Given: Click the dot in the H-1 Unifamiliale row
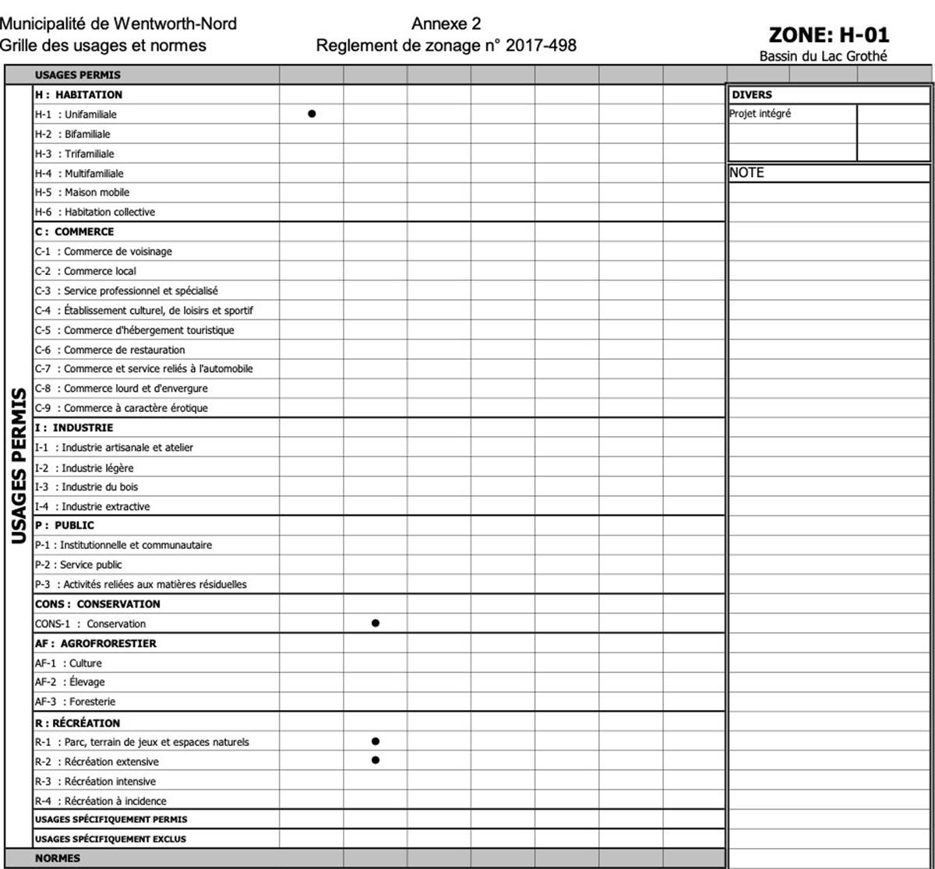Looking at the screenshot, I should coord(312,114).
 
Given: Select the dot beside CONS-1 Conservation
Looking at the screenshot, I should coord(376,623).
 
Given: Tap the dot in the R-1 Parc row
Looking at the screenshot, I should coord(376,741).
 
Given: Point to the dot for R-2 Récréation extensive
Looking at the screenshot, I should coord(376,760).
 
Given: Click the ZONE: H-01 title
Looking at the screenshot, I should coord(828,35).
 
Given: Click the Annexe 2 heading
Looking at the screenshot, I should coord(446,24).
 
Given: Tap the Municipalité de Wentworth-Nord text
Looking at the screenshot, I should coord(118,24).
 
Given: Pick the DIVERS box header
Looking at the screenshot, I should coord(752,95).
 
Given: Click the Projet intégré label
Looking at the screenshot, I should coord(760,114).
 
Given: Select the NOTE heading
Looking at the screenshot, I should coord(746,173).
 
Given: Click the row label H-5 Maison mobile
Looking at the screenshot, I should coord(82,192).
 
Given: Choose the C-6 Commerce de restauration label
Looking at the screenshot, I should coord(110,350).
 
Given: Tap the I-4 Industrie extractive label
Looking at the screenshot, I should coord(92,506).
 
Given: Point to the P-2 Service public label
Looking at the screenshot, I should coord(79,565).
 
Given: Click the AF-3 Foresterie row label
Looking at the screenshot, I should coord(75,702).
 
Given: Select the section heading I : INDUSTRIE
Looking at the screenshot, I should coord(74,427).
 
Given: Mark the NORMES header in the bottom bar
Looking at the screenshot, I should coord(57,858).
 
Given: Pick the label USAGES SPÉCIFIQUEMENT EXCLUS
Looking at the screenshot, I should coord(111,839).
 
